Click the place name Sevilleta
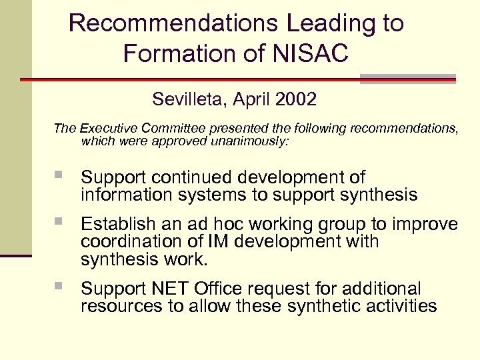click(x=189, y=100)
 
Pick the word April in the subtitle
click(x=249, y=100)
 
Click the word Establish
click(x=118, y=224)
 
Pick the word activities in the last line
click(x=399, y=306)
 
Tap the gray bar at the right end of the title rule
click(x=407, y=79)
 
